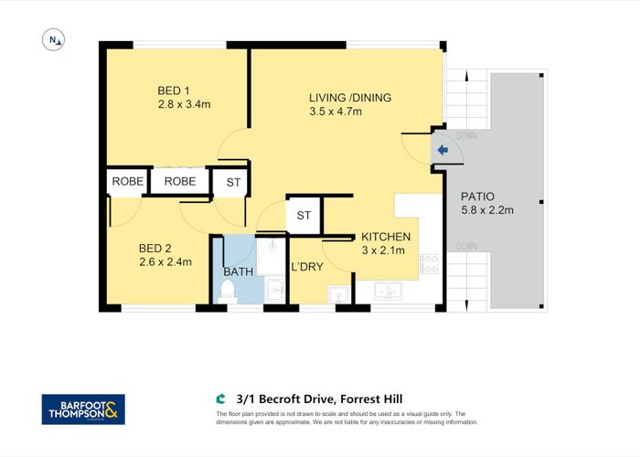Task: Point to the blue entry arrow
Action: click(442, 151)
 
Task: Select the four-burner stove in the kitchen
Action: click(429, 265)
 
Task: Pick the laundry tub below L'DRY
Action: click(338, 294)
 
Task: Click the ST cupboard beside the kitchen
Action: click(304, 216)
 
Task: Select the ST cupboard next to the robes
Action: click(233, 182)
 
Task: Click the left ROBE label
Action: click(128, 182)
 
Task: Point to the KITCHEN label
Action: click(385, 237)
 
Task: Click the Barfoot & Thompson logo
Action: click(83, 409)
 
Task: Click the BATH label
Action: click(239, 272)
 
